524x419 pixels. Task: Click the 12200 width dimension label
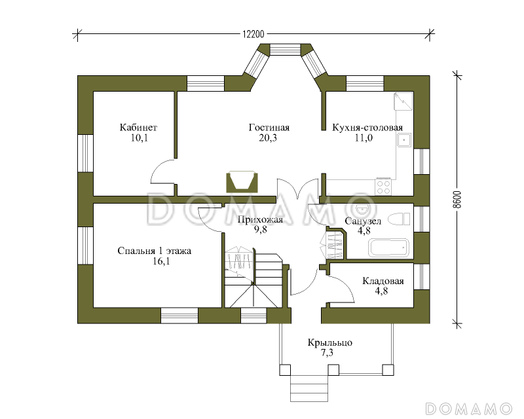point(253,34)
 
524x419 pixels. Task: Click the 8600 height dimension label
point(457,200)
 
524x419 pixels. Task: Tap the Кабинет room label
point(138,127)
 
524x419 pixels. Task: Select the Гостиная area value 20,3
point(268,137)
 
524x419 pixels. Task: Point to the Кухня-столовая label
point(367,127)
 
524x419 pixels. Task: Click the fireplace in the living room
point(242,182)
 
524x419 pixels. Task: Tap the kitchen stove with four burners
point(383,187)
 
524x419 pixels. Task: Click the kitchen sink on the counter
point(404,140)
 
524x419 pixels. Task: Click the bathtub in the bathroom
point(389,247)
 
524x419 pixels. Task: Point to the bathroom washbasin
point(362,209)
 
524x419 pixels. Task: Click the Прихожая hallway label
point(260,219)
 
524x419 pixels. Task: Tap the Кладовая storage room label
point(383,281)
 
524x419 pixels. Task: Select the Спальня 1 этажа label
point(155,251)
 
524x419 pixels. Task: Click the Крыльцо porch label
point(330,343)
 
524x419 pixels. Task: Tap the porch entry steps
point(309,388)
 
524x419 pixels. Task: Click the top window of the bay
point(286,49)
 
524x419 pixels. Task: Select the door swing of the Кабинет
point(162,172)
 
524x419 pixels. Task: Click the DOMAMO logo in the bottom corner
point(468,409)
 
